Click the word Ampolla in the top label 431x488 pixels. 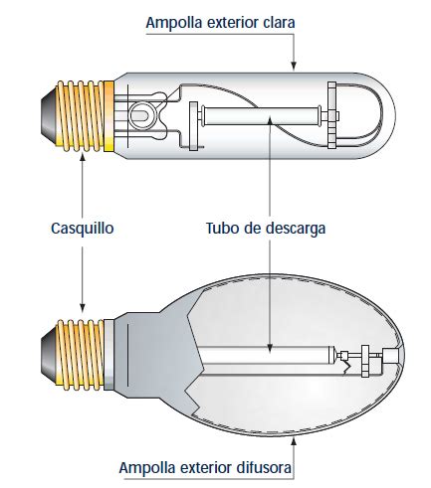coord(174,23)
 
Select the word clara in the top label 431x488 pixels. coord(279,22)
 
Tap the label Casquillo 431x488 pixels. coord(83,229)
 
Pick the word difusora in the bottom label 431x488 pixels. coord(264,467)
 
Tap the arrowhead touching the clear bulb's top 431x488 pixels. coord(294,67)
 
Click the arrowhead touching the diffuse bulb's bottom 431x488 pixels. coord(294,441)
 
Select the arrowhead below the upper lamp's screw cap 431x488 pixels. coord(83,156)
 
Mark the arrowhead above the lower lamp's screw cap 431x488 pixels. coord(83,307)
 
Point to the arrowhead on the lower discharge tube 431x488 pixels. coord(270,348)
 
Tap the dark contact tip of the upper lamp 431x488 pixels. coord(49,115)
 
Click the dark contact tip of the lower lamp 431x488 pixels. coord(49,354)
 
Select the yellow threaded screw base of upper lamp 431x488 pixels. coord(86,116)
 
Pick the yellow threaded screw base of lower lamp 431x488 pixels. coord(81,354)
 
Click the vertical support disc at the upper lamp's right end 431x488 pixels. coord(331,115)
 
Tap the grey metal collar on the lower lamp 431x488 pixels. coord(109,354)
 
